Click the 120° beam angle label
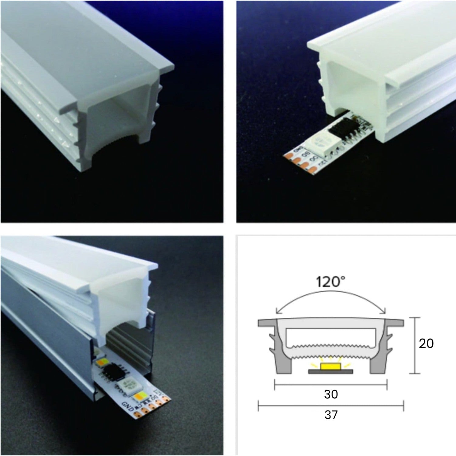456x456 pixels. coord(330,282)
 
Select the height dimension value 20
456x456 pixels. coord(426,344)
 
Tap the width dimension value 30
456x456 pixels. coord(331,394)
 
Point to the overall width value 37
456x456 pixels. coord(331,415)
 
